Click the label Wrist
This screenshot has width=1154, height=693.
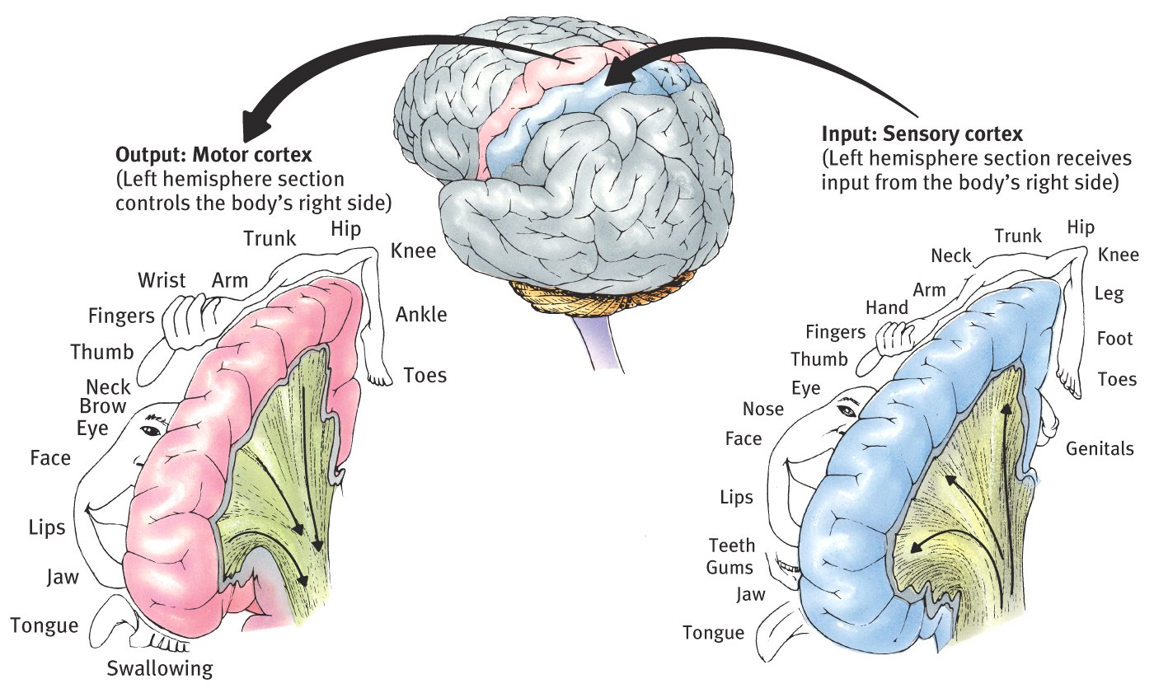[x=161, y=280]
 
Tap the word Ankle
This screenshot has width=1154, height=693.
[x=421, y=314]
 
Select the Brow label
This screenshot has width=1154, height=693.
[x=103, y=406]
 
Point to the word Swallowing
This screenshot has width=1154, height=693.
[x=160, y=667]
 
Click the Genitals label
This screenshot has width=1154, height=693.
[x=1100, y=449]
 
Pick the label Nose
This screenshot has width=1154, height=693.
[x=763, y=409]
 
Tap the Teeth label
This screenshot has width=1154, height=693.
[x=731, y=546]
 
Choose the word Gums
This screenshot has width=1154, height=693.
[x=729, y=568]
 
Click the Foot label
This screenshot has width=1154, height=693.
[x=1114, y=338]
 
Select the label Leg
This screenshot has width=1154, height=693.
[x=1109, y=293]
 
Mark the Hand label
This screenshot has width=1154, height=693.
[x=886, y=307]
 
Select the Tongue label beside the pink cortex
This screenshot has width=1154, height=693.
[x=45, y=625]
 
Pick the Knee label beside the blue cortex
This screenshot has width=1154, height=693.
[x=1118, y=255]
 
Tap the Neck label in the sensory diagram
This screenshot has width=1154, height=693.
[x=951, y=256]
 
